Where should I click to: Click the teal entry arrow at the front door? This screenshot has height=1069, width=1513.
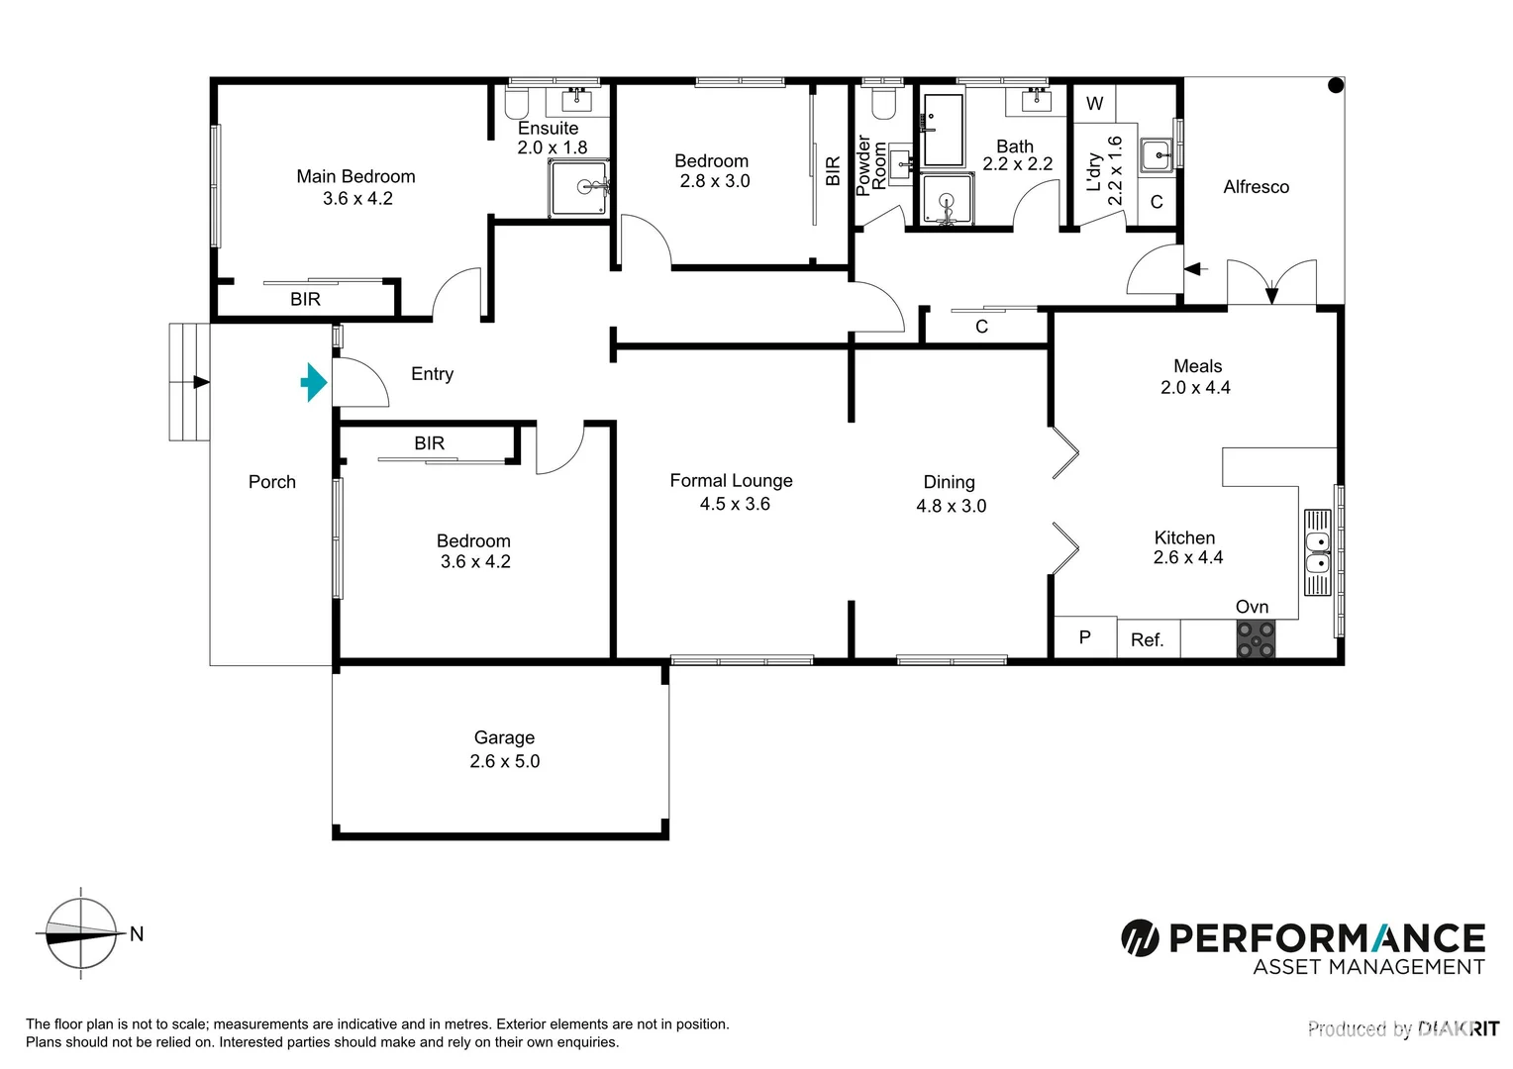pyautogui.click(x=314, y=382)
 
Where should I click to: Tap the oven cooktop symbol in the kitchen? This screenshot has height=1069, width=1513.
pyautogui.click(x=1255, y=638)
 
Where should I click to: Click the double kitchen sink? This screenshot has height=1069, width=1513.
pyautogui.click(x=1317, y=553)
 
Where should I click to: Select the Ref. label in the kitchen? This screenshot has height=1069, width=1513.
pyautogui.click(x=1147, y=640)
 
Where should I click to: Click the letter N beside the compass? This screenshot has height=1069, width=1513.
pyautogui.click(x=137, y=933)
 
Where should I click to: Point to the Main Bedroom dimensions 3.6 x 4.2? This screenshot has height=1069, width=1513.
pyautogui.click(x=357, y=199)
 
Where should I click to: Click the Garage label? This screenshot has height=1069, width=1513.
pyautogui.click(x=504, y=737)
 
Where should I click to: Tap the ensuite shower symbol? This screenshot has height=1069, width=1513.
pyautogui.click(x=579, y=187)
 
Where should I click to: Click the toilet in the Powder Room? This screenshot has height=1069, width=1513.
pyautogui.click(x=881, y=101)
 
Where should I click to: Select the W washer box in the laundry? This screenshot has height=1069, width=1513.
pyautogui.click(x=1094, y=104)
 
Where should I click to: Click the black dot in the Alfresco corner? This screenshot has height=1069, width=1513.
pyautogui.click(x=1335, y=86)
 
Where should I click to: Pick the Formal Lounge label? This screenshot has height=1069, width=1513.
pyautogui.click(x=731, y=481)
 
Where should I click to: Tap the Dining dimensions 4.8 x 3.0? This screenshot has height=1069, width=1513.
pyautogui.click(x=951, y=506)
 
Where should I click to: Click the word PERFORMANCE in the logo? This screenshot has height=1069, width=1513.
pyautogui.click(x=1326, y=937)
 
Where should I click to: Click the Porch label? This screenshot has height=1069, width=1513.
pyautogui.click(x=272, y=482)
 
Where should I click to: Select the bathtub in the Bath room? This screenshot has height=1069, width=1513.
pyautogui.click(x=943, y=130)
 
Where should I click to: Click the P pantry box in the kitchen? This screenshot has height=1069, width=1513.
pyautogui.click(x=1084, y=637)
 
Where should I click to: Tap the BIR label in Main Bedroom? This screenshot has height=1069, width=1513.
pyautogui.click(x=305, y=299)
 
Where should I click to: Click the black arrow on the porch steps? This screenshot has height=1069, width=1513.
pyautogui.click(x=201, y=382)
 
